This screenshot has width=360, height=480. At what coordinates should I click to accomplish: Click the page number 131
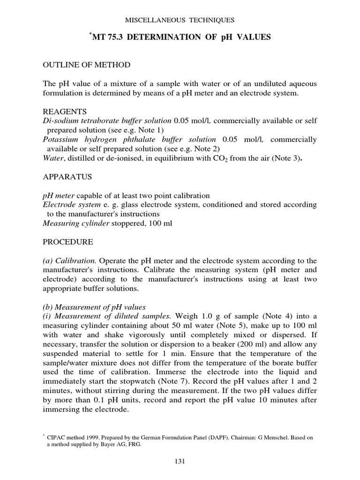pos(180,461)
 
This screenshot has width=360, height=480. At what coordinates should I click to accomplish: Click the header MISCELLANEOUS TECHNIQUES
pos(180,20)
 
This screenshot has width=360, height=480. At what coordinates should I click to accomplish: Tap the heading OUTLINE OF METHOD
pos(87,64)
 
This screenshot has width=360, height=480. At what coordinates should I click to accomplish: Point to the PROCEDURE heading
pos(68,242)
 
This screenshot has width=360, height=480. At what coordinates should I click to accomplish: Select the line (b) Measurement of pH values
pos(94,307)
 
